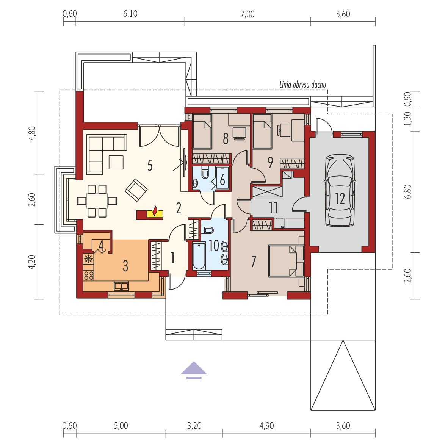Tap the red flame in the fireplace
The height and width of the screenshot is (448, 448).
tap(155, 211)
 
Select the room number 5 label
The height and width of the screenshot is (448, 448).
tap(150, 166)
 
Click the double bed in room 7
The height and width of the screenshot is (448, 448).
tap(286, 261)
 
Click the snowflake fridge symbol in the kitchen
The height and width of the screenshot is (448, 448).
tap(88, 259)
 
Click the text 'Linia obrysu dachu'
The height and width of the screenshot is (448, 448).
tap(302, 85)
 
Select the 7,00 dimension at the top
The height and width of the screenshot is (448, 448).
tap(247, 14)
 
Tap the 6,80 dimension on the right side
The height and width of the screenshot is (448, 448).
tap(407, 191)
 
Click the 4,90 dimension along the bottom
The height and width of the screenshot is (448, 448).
tap(266, 426)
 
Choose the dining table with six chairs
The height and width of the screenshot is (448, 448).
tap(97, 201)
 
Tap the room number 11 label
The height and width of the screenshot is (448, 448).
tap(273, 208)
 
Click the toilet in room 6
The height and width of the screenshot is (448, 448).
tap(205, 173)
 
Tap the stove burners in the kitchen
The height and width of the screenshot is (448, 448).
tap(88, 275)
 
